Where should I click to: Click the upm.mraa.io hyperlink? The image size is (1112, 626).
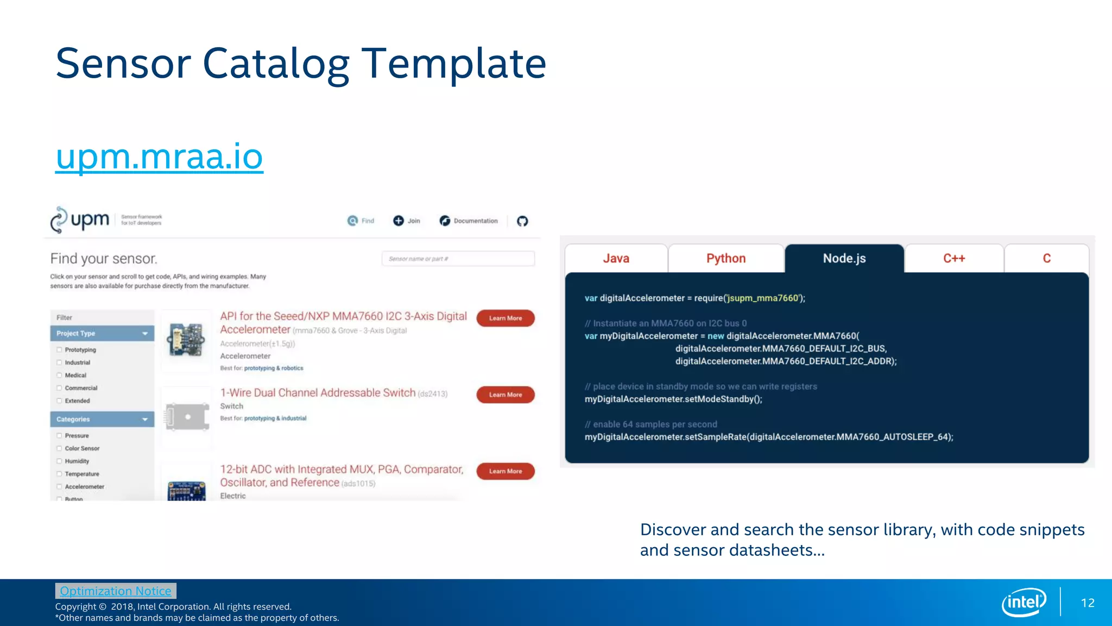coord(159,157)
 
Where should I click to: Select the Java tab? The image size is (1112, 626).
coord(616,259)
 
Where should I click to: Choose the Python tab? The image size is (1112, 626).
coord(725,259)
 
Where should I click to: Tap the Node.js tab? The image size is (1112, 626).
coord(844,259)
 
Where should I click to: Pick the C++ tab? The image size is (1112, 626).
coord(953,259)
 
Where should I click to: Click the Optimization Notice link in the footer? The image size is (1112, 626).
coord(115,591)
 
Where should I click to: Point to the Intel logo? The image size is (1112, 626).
coord(1023,602)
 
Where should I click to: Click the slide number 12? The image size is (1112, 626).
coord(1088,603)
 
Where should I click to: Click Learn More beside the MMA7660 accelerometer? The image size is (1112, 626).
coord(505,318)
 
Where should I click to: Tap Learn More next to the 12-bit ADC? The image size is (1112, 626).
coord(505,471)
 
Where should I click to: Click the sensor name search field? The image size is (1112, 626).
coord(458,259)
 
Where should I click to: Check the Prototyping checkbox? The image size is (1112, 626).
coord(60,350)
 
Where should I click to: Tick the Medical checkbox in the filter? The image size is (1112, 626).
coord(60,375)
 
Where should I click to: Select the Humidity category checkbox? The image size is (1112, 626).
coord(60,461)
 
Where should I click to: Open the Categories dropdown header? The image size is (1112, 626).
coord(102,420)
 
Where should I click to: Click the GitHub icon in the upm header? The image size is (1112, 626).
coord(522,221)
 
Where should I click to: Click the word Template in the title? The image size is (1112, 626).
coord(453,64)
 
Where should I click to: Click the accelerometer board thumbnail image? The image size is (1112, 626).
coord(186,340)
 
